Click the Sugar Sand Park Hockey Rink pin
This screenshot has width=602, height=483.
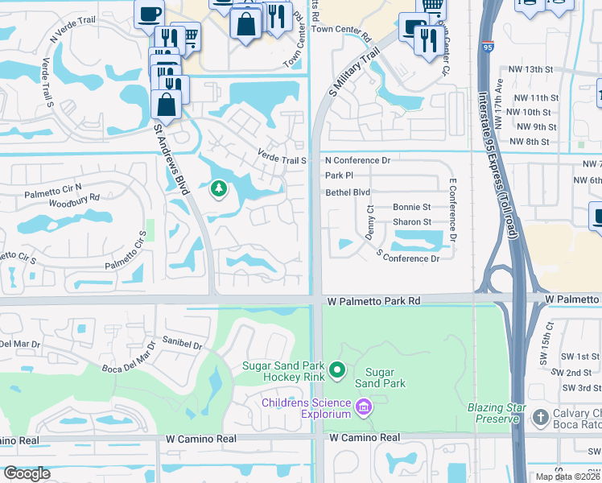pos(337,371)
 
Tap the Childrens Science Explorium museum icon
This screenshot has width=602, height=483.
pos(363,408)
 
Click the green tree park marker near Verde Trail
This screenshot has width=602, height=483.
pos(217,189)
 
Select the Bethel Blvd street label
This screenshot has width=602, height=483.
pos(348,192)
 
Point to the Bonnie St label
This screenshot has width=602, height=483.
pos(412,208)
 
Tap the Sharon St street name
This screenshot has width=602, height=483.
pos(412,222)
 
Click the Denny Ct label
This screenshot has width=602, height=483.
pos(369,220)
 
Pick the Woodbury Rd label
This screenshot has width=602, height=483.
pos(73,196)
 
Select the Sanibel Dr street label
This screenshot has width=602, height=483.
pos(182,342)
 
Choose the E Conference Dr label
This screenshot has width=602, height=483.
pos(453,211)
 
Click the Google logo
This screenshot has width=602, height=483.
pos(26,473)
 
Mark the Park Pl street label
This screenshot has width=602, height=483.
pos(339,175)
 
